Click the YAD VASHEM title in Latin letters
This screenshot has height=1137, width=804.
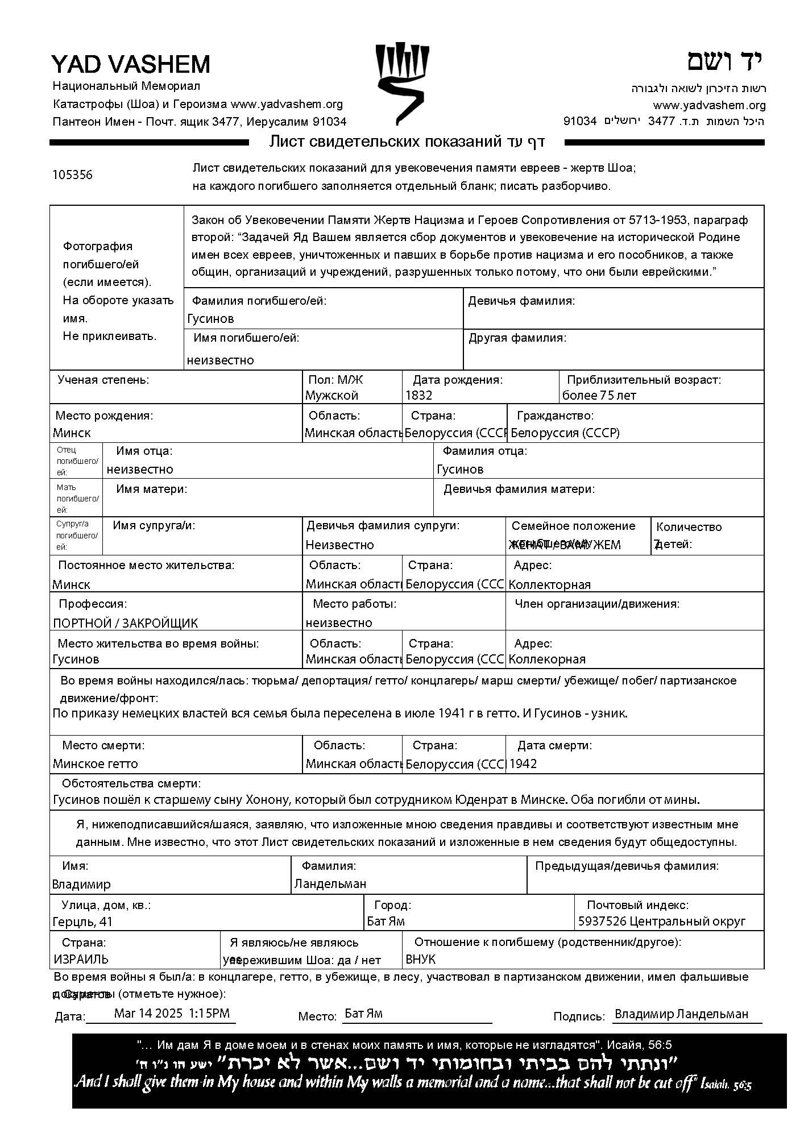click(x=131, y=64)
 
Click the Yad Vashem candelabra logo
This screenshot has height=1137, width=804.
click(x=402, y=84)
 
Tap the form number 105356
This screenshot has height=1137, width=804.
click(x=72, y=175)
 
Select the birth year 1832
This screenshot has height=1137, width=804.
click(x=419, y=396)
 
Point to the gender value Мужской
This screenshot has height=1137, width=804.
click(x=331, y=396)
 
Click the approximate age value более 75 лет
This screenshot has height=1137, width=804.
click(x=599, y=396)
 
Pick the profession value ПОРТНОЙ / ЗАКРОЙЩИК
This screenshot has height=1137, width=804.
click(x=125, y=623)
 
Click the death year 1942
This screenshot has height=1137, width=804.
click(x=523, y=763)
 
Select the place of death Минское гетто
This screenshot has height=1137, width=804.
click(x=96, y=763)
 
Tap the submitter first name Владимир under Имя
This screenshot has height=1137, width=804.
click(x=81, y=884)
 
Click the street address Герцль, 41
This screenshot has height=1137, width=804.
click(x=82, y=921)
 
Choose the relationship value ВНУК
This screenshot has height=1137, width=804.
click(x=420, y=959)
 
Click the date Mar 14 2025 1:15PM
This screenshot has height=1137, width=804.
click(x=172, y=1013)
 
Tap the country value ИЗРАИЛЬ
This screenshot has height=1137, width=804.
click(x=81, y=959)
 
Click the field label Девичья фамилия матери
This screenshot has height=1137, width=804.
click(x=519, y=489)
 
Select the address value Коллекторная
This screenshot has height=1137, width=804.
click(x=549, y=584)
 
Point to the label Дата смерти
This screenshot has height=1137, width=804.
click(x=554, y=745)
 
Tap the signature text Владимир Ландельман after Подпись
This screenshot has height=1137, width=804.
click(x=681, y=1014)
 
